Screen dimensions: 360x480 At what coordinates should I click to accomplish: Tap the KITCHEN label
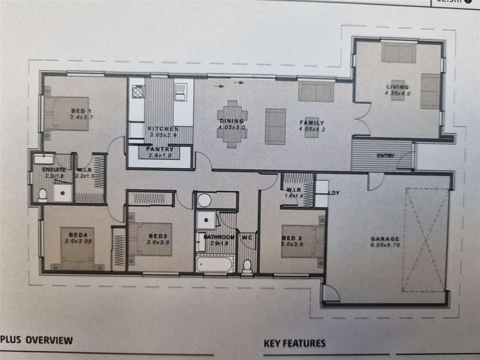pos(160,128)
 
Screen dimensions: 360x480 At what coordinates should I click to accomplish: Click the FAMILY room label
pos(312,123)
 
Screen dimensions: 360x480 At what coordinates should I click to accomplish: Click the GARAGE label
pos(384,240)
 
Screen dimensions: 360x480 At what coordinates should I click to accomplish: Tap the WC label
pos(247,238)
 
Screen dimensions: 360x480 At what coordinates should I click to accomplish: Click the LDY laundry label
pos(333,192)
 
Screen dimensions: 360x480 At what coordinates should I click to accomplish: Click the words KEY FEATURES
pos(294,343)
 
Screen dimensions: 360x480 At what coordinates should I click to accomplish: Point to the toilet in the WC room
pos(247,265)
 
